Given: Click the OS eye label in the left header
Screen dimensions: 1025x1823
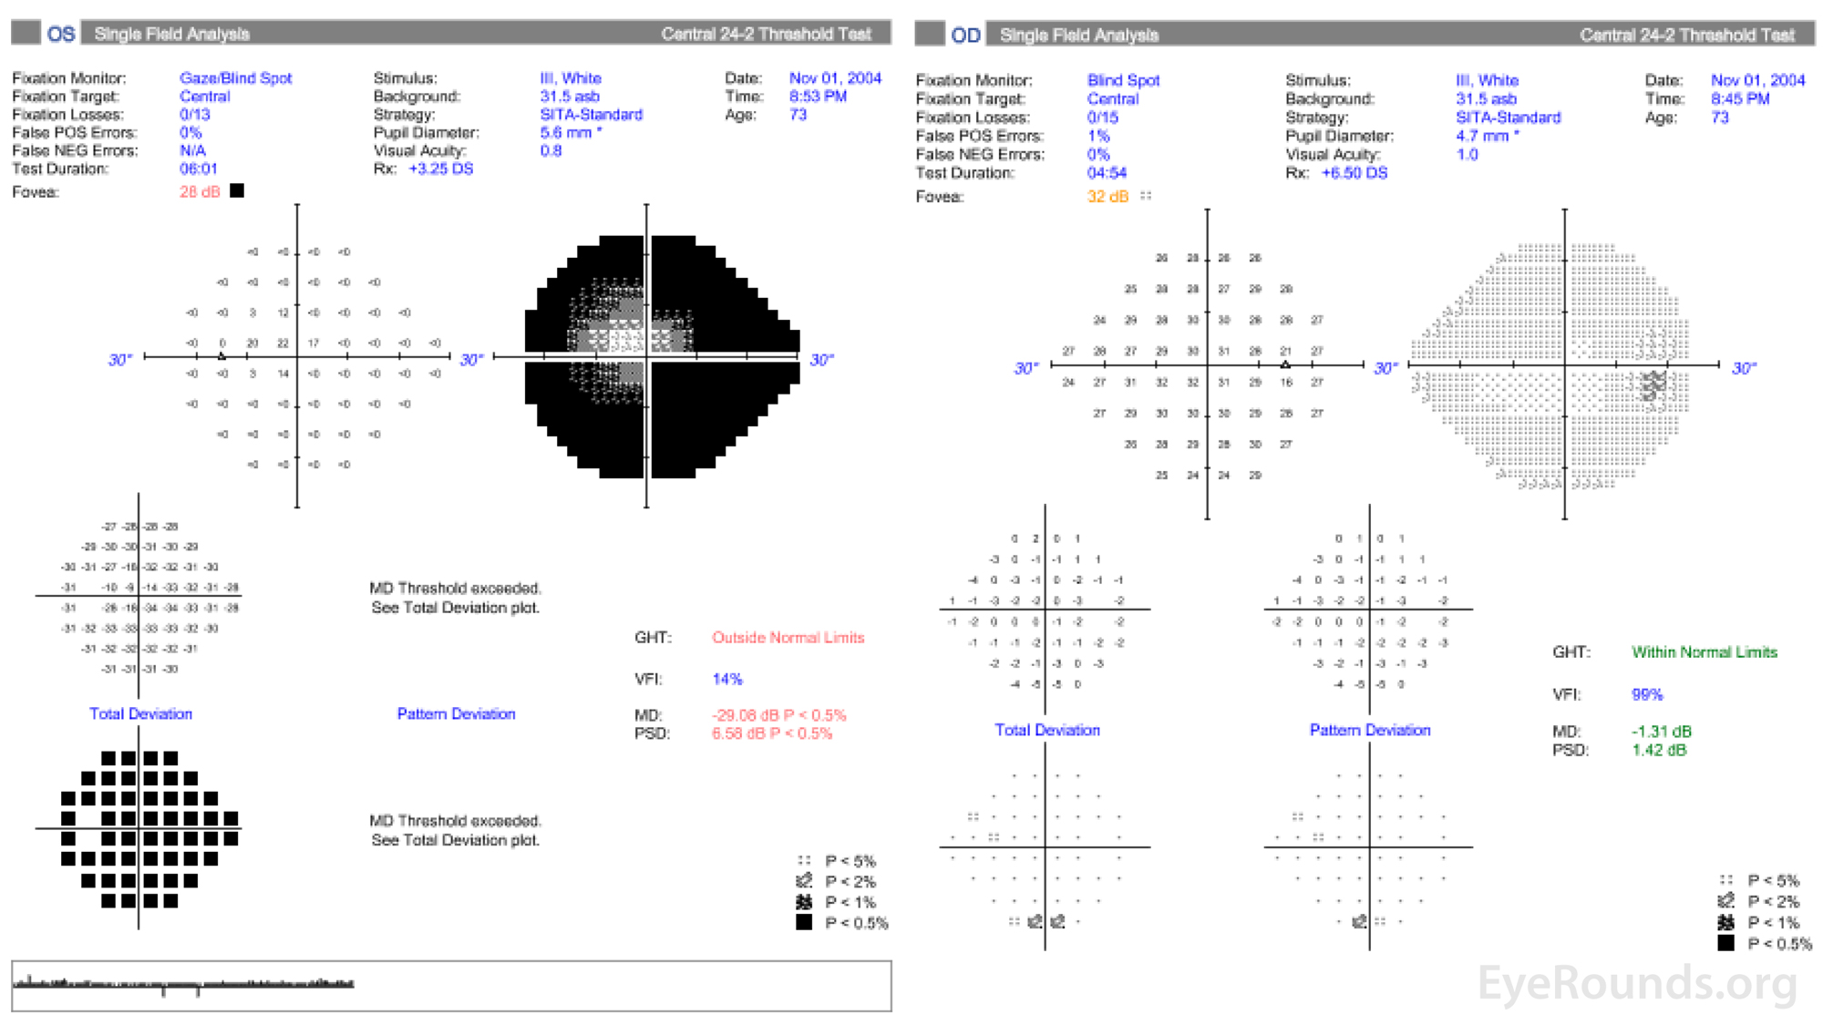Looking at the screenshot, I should (61, 35).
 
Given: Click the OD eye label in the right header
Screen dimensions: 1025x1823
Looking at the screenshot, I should (965, 36).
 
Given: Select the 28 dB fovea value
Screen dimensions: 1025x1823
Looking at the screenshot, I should (200, 192).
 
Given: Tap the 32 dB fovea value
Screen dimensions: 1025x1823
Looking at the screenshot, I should (1107, 197).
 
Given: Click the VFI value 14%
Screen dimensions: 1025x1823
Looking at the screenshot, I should (727, 680).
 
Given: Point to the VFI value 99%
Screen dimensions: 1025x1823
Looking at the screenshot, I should (1647, 695).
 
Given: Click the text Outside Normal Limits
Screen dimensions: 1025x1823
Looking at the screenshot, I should (788, 638).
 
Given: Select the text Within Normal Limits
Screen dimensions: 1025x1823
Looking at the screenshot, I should (1705, 652).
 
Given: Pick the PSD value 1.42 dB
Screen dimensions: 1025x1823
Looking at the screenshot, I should (1659, 751).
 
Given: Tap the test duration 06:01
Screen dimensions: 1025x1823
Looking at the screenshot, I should (198, 169).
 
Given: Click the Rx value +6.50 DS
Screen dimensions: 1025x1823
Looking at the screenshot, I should (1354, 173).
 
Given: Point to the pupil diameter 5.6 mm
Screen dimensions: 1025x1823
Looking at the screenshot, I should (566, 133).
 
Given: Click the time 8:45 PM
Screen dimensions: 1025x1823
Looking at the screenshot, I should (1740, 99).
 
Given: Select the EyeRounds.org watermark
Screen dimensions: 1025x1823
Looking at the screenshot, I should (1637, 984).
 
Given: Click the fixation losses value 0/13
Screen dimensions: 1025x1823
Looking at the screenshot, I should (194, 115).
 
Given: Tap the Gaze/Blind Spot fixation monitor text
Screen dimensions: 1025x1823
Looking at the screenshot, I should (235, 78).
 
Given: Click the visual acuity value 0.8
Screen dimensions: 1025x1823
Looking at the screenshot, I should (551, 151).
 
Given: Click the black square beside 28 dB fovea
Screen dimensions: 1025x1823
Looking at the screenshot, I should (237, 191).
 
